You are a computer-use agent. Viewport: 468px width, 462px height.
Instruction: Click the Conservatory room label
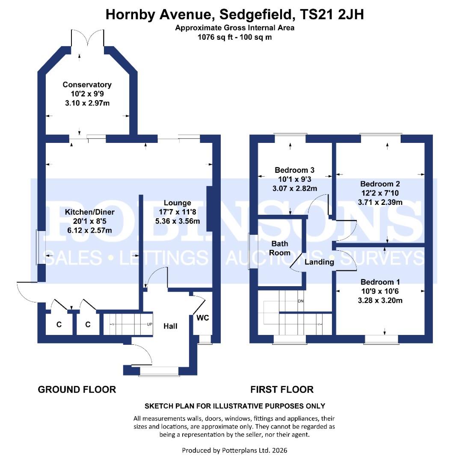(87, 85)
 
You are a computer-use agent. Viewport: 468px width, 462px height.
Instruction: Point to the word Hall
(170, 326)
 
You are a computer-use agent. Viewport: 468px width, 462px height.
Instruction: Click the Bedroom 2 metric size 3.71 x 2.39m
(380, 202)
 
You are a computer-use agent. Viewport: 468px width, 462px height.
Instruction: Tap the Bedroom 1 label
(380, 282)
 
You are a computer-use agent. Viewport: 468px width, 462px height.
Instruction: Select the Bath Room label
(280, 248)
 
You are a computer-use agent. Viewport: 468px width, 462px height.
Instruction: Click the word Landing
(319, 262)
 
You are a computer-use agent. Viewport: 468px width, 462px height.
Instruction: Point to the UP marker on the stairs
(149, 324)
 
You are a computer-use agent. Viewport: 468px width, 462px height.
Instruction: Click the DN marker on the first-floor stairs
(300, 301)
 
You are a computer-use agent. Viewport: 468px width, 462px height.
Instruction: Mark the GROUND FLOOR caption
(77, 389)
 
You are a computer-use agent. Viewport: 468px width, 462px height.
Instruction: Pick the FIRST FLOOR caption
(282, 389)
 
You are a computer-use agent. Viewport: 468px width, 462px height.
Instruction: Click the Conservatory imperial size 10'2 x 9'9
(87, 94)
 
